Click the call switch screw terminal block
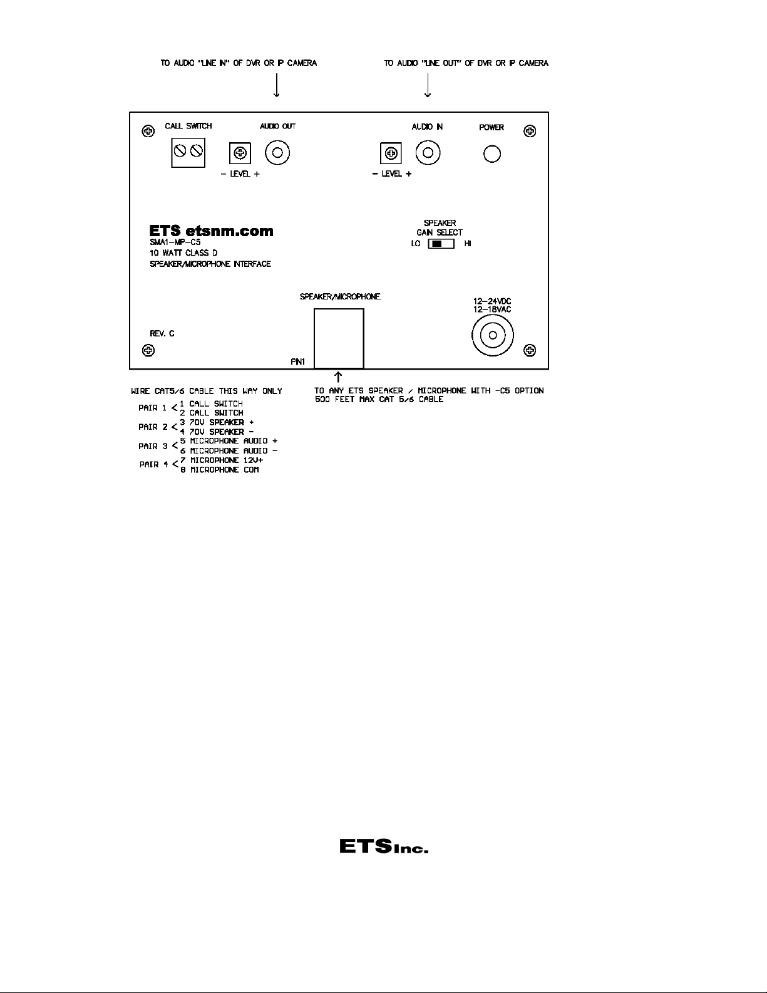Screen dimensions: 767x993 click(188, 151)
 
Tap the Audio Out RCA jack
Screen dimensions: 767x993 click(277, 152)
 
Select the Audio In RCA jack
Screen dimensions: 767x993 click(428, 152)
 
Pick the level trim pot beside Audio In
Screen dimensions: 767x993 click(391, 152)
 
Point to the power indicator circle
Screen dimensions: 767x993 click(492, 153)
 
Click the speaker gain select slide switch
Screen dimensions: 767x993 click(441, 244)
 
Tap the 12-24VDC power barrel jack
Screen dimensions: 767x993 click(493, 335)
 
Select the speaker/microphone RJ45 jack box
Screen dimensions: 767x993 click(339, 338)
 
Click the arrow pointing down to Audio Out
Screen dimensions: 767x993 click(277, 86)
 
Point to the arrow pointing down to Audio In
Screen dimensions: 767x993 click(428, 86)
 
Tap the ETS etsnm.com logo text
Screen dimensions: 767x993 click(211, 231)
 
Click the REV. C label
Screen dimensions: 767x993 click(162, 333)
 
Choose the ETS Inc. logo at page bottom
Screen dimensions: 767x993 click(383, 846)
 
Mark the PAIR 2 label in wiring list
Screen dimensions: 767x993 click(153, 427)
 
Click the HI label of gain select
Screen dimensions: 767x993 click(468, 244)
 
